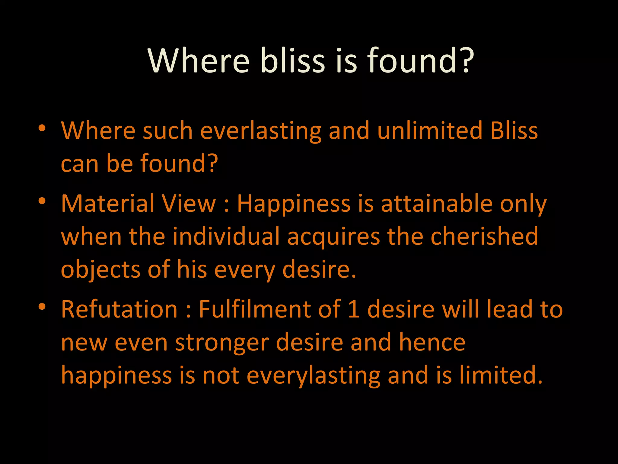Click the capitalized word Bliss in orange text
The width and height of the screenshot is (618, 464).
(514, 130)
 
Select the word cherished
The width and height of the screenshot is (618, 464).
(484, 236)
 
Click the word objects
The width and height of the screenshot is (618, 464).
(100, 270)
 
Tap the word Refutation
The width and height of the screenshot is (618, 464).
(119, 309)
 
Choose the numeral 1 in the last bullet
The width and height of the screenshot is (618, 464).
(354, 309)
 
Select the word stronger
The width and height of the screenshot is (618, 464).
(222, 343)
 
